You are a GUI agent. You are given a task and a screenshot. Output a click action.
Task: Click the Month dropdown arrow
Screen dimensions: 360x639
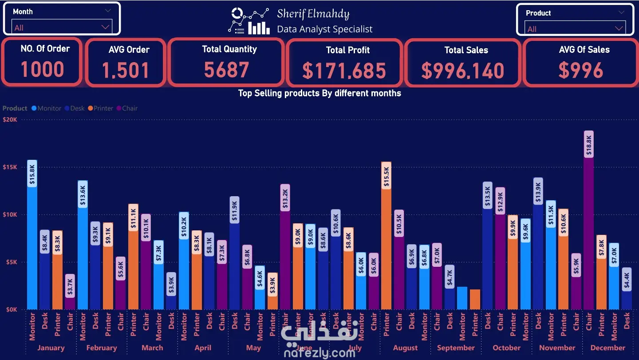105,27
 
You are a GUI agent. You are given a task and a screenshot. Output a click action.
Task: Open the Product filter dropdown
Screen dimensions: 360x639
619,28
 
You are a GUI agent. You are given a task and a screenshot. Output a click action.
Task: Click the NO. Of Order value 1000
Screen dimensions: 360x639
43,69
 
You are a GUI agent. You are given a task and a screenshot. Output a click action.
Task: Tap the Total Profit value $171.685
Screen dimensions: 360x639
344,71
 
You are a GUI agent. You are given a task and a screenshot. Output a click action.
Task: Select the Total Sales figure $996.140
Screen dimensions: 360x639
462,71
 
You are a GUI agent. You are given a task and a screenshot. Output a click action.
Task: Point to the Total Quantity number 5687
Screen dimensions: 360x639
226,70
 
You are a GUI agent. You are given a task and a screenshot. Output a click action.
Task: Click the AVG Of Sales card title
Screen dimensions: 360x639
584,50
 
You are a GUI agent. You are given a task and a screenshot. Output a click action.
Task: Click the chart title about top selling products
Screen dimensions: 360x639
319,93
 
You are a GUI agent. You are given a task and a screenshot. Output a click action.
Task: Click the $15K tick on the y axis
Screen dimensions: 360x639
10,167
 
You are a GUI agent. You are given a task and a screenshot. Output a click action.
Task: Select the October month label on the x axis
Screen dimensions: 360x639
506,348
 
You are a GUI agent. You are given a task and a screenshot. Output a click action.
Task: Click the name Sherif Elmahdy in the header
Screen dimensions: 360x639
313,14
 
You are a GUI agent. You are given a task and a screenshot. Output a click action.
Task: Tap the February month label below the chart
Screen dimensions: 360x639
101,348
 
